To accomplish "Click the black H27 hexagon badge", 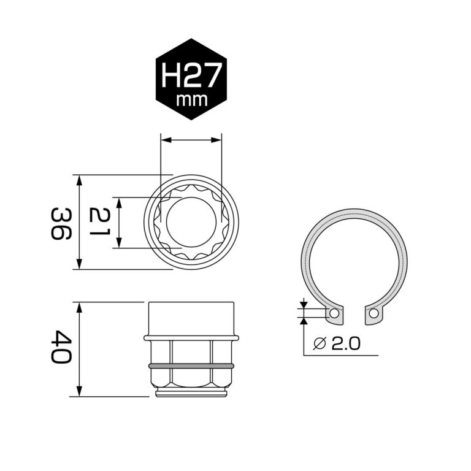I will (x=192, y=80).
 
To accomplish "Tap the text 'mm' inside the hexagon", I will (x=192, y=99).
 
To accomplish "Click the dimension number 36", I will (x=61, y=223).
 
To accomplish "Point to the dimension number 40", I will (x=61, y=348).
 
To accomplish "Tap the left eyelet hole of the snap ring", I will (x=334, y=313).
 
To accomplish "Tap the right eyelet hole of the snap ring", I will (x=373, y=313).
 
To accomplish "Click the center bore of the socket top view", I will (x=191, y=222).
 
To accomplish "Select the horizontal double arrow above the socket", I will (x=191, y=140).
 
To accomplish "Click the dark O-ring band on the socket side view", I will (x=191, y=367).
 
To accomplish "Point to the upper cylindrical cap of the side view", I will (x=191, y=318).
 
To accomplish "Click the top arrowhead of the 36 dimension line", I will (x=79, y=178).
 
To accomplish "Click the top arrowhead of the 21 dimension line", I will (x=119, y=201).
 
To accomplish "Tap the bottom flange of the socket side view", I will (x=191, y=392).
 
